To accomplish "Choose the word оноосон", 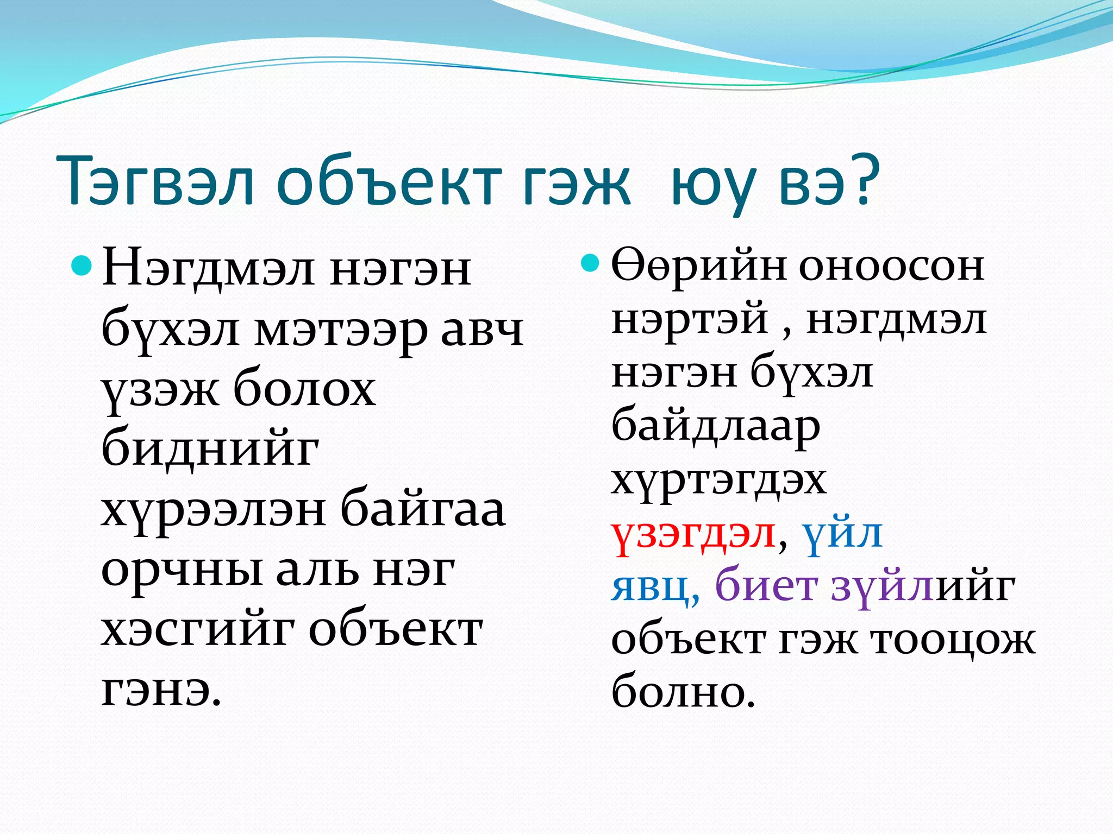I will click(891, 266).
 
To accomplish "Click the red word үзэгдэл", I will click(693, 535).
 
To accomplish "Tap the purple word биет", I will click(766, 586).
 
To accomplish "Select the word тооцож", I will click(954, 641).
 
